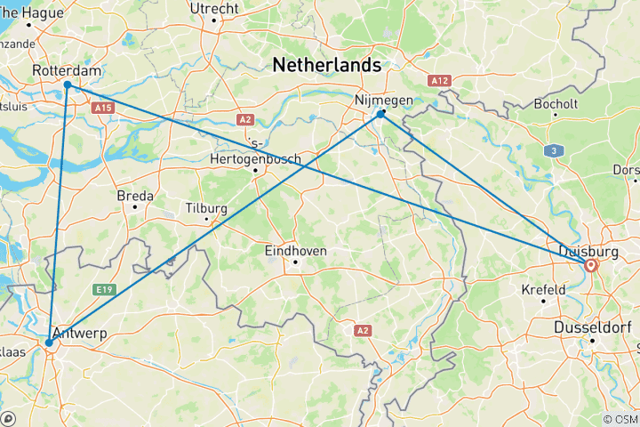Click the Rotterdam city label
tap(66, 70)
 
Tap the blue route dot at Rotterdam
tap(68, 85)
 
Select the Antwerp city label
tap(81, 333)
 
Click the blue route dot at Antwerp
tap(49, 342)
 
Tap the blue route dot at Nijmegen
tap(380, 114)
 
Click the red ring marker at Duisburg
tap(590, 264)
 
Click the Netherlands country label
tap(327, 65)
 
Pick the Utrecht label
tap(214, 9)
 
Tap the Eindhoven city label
tap(296, 252)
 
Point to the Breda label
tap(135, 196)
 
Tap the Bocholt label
tap(556, 104)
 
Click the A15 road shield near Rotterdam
tap(103, 108)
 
